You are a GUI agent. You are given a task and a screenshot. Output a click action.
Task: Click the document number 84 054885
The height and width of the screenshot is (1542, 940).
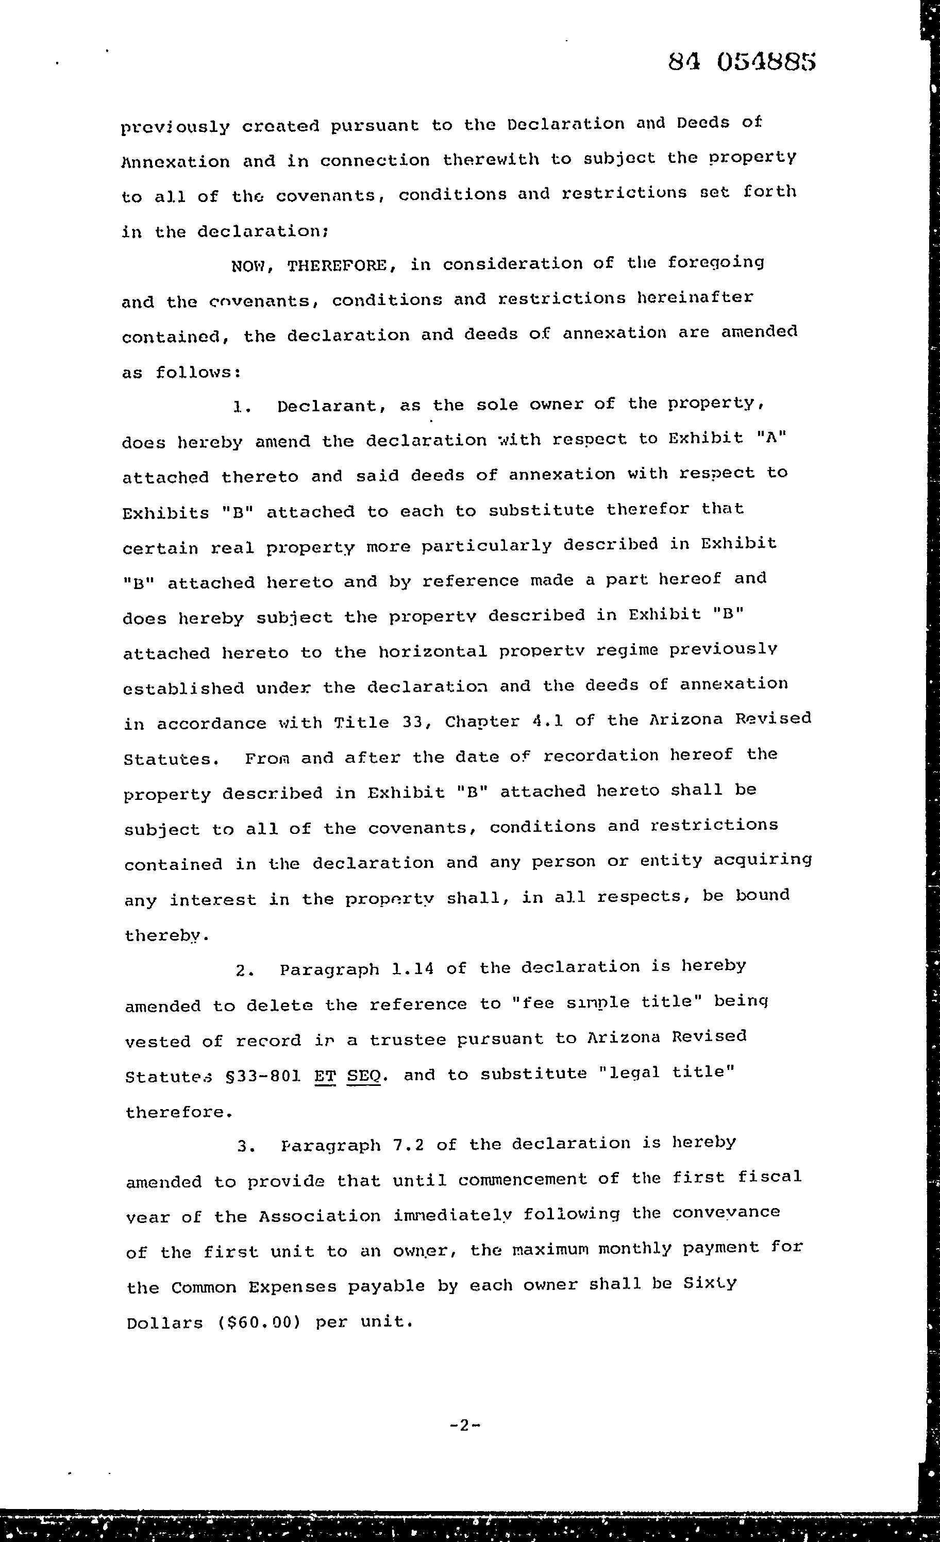tap(742, 62)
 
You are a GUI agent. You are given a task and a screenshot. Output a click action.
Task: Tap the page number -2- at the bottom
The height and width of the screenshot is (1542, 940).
tap(465, 1426)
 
